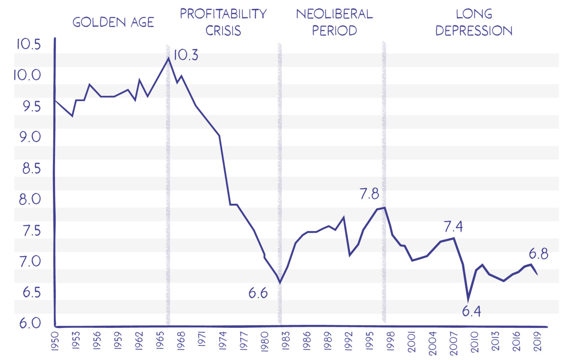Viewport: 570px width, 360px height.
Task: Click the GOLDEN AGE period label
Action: tap(113, 22)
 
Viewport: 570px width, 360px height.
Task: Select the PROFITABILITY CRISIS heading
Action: tap(223, 22)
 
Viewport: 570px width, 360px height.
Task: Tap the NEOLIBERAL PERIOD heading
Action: tap(334, 22)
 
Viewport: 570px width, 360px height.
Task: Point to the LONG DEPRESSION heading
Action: tap(474, 22)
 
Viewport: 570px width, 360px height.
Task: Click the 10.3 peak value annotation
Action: tap(186, 55)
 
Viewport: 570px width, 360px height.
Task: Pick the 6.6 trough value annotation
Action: tap(258, 293)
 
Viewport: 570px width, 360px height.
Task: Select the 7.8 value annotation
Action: tap(369, 194)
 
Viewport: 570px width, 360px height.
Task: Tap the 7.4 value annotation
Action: tap(453, 226)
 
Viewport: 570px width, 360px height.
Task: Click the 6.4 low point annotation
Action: tap(471, 311)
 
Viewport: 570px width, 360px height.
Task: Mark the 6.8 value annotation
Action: tap(538, 254)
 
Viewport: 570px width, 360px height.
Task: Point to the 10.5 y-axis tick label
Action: tap(28, 44)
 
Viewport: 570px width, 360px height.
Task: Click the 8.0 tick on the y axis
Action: tap(30, 199)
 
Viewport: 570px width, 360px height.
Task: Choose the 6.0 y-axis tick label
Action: tap(30, 323)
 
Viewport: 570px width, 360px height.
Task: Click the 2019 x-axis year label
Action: tap(538, 340)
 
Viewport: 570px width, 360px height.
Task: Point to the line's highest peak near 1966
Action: tap(169, 58)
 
